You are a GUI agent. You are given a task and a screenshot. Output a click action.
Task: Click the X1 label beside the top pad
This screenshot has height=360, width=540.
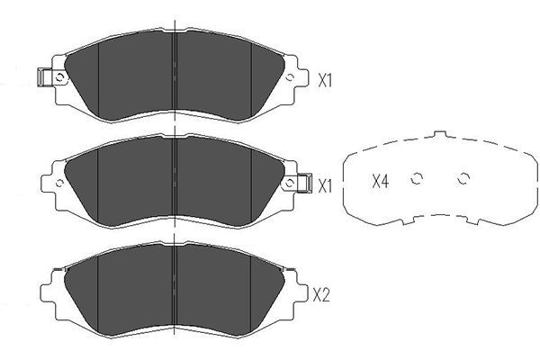[x=324, y=81]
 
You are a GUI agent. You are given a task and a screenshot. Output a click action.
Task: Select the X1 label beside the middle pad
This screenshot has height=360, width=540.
[x=324, y=186]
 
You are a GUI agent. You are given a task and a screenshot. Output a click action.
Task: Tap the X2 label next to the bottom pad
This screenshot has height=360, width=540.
[x=321, y=295]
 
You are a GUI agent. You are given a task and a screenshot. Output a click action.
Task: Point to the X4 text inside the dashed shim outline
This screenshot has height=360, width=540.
[x=380, y=181]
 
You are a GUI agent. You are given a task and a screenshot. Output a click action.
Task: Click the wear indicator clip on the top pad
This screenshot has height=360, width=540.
[x=44, y=76]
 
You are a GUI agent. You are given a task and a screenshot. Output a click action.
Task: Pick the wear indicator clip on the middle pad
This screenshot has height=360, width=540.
[x=304, y=183]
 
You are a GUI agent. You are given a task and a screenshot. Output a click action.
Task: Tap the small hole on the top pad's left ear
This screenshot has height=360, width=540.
[x=59, y=77]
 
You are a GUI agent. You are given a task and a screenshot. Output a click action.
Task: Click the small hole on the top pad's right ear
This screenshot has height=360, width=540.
[x=290, y=77]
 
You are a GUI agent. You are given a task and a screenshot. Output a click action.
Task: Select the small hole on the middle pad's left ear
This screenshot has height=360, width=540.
[x=59, y=183]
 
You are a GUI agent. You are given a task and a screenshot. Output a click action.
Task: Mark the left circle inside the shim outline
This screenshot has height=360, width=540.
[x=417, y=178]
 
